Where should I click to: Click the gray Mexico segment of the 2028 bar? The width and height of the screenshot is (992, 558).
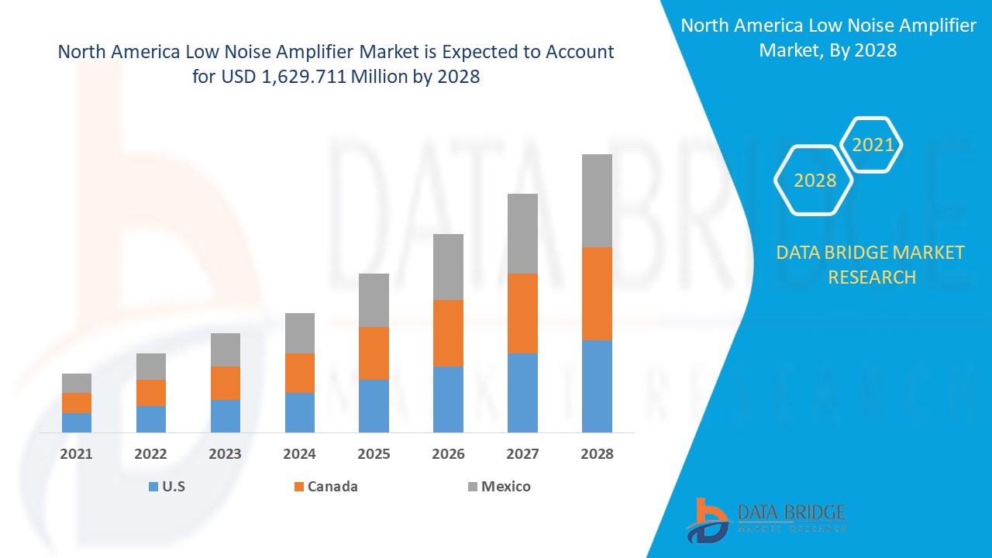click(x=597, y=201)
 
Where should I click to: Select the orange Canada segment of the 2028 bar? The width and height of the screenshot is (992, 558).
click(x=597, y=294)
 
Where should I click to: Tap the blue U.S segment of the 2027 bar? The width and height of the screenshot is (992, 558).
click(x=522, y=392)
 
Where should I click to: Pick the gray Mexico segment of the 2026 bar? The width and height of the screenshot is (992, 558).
click(x=448, y=267)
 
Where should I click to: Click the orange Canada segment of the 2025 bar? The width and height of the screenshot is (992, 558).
click(x=374, y=353)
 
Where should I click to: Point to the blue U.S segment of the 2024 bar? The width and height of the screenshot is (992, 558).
click(x=300, y=412)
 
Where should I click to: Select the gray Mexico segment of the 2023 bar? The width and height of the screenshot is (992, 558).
click(x=226, y=350)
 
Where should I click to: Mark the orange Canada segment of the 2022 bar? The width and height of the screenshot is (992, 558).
click(x=151, y=393)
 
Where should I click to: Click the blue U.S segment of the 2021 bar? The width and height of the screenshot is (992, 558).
click(x=77, y=422)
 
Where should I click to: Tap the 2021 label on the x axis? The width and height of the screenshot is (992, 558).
click(x=77, y=454)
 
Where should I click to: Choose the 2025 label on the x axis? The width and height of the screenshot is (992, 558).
click(x=374, y=454)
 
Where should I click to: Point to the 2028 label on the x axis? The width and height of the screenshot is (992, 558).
click(x=597, y=454)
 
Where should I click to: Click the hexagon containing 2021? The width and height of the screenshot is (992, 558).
click(x=873, y=145)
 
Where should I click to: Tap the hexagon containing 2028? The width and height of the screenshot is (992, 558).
click(x=815, y=181)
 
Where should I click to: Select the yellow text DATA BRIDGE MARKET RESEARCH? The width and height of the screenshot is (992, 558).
click(x=871, y=264)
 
